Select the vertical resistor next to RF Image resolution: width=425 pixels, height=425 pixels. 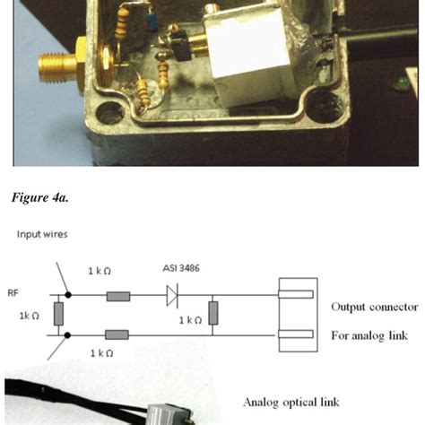point(58,313)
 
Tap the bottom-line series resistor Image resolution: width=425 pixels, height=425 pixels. point(118,334)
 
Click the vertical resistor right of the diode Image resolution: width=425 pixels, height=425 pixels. point(213,313)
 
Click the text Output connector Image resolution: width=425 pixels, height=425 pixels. point(374,307)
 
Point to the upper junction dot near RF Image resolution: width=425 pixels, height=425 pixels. point(70,293)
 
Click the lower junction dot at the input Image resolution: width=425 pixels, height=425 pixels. point(70,334)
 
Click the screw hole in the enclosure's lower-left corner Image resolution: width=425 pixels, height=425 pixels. point(110,113)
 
